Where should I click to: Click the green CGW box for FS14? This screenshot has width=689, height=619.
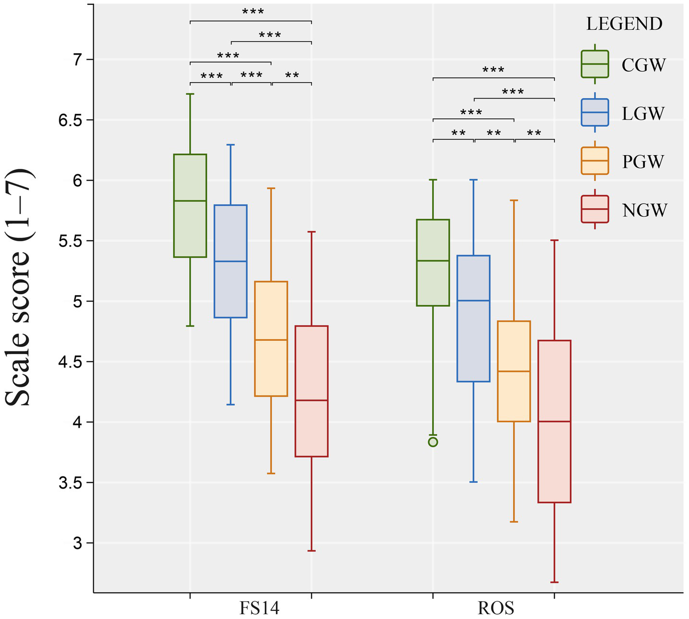point(190,206)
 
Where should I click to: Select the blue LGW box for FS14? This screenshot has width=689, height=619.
point(231,261)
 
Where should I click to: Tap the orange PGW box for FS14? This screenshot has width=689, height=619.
point(271,338)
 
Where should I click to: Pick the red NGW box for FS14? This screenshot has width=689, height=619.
point(311,391)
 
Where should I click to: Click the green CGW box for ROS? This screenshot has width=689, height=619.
point(433,262)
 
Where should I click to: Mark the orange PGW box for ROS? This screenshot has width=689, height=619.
point(514,371)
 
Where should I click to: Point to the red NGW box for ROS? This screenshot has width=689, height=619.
point(554,421)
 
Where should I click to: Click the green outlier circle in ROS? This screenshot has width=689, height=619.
point(433,442)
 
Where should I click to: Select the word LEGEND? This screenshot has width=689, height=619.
point(624,24)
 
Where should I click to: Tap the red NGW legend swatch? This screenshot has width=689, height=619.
point(595,209)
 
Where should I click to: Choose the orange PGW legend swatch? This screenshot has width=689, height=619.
point(595,161)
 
